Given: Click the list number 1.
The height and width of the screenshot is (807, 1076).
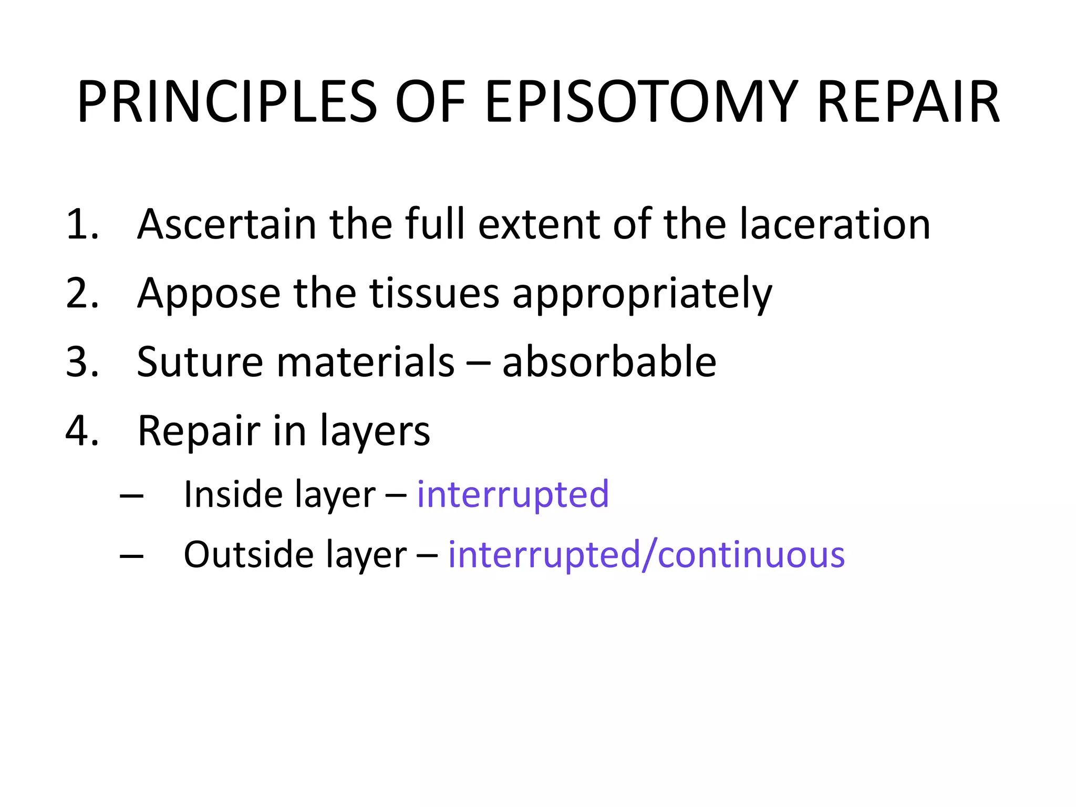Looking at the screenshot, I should point(82,225).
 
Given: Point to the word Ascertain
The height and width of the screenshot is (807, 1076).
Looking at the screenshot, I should point(226,225).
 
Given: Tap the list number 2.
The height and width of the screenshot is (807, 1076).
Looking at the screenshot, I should point(82,294).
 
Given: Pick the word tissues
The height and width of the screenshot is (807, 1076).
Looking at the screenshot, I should point(434,294).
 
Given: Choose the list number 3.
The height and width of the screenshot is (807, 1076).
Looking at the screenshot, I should point(82,363).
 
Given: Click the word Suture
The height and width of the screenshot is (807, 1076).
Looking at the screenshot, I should point(200,363).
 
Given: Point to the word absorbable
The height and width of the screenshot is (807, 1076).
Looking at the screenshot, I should point(609,363).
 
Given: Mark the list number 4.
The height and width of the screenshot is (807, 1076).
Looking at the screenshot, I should point(82,431).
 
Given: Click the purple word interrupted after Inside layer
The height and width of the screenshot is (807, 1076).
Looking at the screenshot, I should point(513,495).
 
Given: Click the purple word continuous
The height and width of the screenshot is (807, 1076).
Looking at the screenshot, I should point(751,555).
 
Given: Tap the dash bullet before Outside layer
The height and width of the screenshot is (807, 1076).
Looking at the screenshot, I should point(131,556).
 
